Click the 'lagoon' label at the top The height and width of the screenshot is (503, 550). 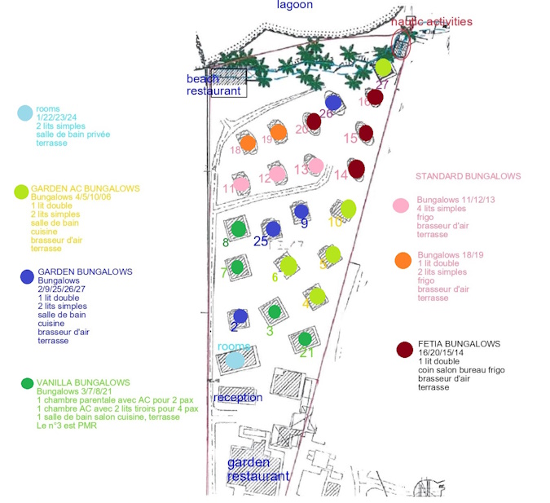[294, 5]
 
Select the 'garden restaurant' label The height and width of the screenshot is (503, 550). [257, 470]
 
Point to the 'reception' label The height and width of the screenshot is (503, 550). [238, 397]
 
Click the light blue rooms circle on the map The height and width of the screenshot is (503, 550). [235, 359]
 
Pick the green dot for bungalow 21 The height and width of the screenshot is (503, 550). [305, 338]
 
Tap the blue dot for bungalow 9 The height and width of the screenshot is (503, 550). [301, 211]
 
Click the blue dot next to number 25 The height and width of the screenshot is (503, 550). [273, 229]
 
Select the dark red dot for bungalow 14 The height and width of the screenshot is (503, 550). [355, 169]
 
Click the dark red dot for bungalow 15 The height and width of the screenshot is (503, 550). [366, 132]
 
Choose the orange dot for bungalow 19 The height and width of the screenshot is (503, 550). [278, 132]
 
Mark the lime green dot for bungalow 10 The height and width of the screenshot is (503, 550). [348, 208]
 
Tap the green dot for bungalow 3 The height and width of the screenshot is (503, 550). [275, 311]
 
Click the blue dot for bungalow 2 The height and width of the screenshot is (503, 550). [240, 315]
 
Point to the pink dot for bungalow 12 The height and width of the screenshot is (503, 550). [278, 173]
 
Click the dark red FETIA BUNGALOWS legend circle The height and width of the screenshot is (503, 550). [404, 350]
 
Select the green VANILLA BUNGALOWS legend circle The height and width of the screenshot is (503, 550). [28, 383]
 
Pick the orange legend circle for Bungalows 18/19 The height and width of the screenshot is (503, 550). [403, 260]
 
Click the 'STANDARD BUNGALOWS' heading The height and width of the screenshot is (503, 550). [468, 176]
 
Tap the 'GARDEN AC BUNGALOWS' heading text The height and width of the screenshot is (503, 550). [85, 188]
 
